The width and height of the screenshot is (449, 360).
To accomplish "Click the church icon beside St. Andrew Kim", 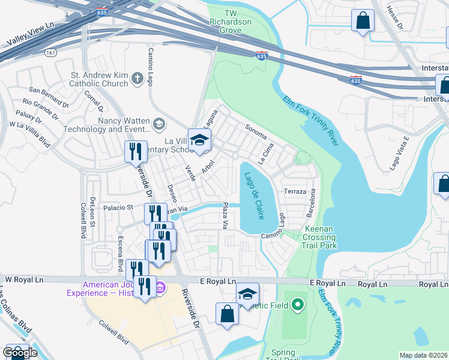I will point(137,79).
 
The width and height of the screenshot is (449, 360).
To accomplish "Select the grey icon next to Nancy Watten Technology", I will point(159,124).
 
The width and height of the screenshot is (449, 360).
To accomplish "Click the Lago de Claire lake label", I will point(252,196).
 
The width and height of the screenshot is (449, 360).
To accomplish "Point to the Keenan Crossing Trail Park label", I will point(313,237).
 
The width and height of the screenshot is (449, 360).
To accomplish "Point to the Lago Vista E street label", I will point(399,154).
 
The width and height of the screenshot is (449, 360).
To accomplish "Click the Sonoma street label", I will point(256,130).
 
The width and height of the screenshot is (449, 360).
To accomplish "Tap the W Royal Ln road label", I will point(25,279).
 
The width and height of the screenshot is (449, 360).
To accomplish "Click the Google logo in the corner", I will point(20,353).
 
